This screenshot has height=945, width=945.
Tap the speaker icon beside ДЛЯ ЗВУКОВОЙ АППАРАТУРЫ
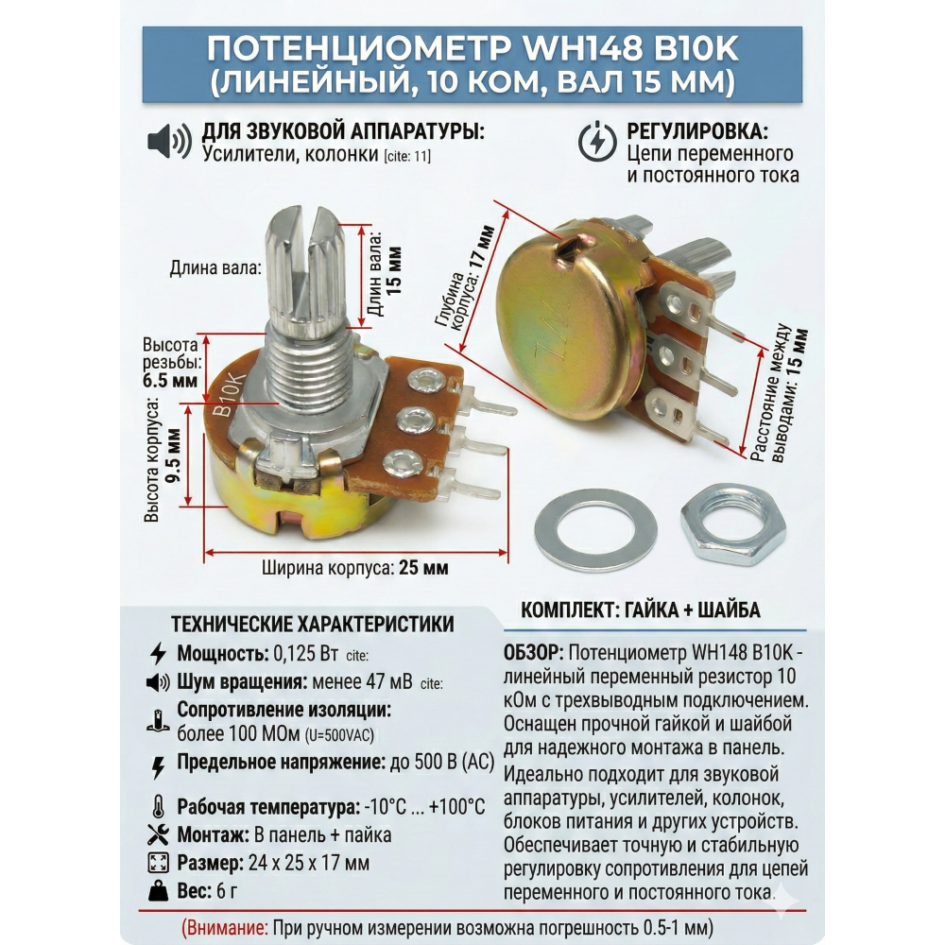[169, 142]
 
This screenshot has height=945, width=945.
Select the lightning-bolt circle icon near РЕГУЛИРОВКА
[596, 142]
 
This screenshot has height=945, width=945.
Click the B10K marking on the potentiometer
[230, 395]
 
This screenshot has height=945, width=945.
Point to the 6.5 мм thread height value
[170, 381]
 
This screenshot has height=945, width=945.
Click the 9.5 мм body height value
[174, 455]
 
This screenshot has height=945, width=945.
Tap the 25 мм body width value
[423, 568]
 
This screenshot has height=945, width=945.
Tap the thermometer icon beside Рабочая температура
[159, 806]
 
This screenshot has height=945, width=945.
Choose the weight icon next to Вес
[159, 891]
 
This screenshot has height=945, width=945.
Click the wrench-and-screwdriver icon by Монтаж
[159, 834]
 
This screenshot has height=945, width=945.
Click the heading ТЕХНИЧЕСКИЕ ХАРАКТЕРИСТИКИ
[312, 624]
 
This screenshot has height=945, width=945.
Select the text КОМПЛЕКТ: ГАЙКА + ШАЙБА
[641, 610]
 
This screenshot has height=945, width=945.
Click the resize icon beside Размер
[159, 863]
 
